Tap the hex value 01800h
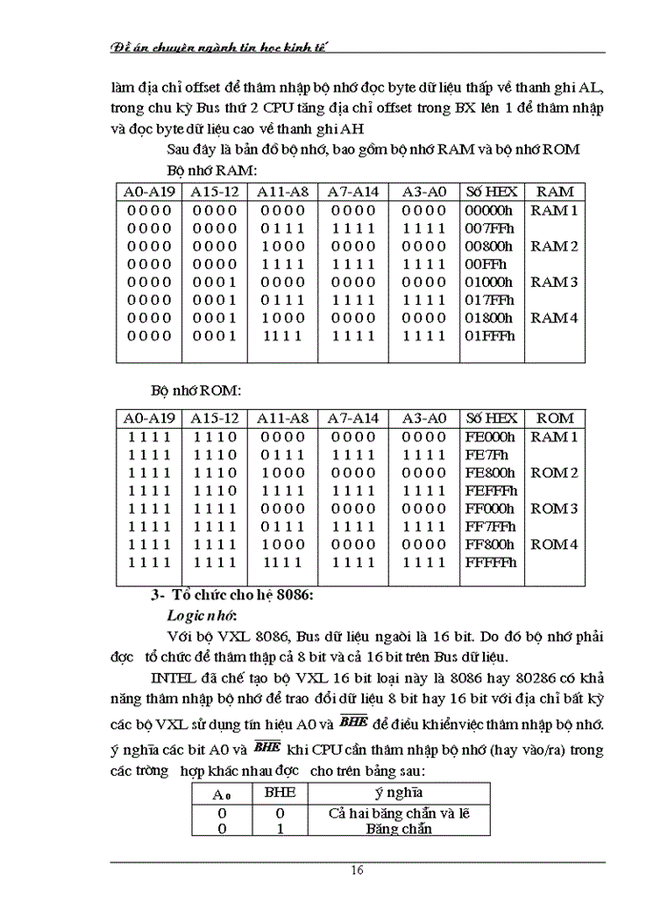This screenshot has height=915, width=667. pos(489,317)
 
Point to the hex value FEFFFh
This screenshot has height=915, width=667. pos(491,490)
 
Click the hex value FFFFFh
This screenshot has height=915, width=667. pos(491,562)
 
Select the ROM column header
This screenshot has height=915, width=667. pos(555,417)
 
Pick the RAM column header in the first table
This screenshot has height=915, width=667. pos(555,192)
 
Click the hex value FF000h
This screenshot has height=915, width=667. pos(490,508)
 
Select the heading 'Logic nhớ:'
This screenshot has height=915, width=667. pos(203,615)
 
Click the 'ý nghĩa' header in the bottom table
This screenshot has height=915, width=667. pos(398,792)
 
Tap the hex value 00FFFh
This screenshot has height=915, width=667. pos(486,264)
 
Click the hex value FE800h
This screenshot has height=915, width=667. pos(490,472)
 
